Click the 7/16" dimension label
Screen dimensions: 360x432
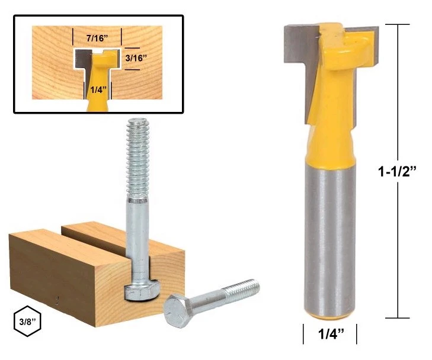(x=97, y=37)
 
